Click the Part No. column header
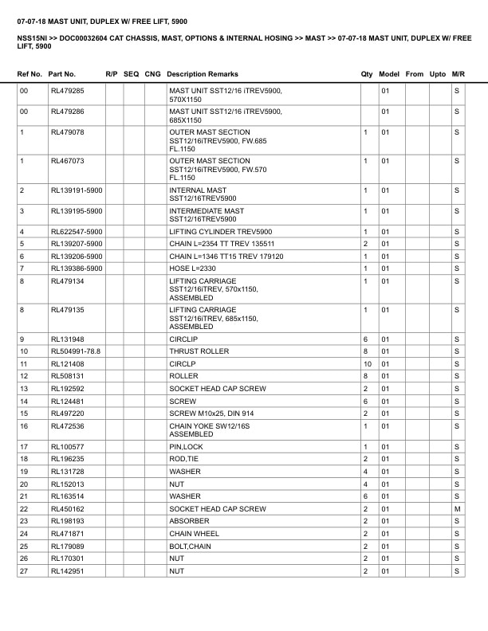tap(62, 74)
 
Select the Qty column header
tap(367, 74)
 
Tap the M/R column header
tap(458, 74)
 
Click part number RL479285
tap(68, 92)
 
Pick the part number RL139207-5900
tap(77, 243)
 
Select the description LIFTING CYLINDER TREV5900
tap(221, 231)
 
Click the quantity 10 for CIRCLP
tap(368, 363)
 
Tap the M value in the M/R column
tap(457, 508)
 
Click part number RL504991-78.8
tap(76, 351)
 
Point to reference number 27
tap(24, 571)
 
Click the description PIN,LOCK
tap(186, 447)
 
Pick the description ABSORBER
tap(189, 521)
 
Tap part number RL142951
tap(68, 571)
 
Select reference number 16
tap(24, 426)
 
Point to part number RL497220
tap(68, 413)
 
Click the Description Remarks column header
tap(203, 74)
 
